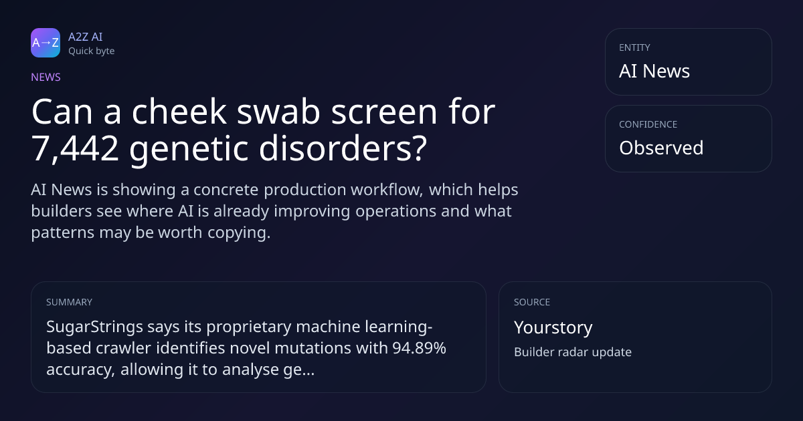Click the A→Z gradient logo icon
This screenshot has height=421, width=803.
46,43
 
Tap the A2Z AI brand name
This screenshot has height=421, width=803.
86,37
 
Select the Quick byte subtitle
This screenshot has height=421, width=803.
92,51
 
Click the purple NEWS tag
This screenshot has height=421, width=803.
46,77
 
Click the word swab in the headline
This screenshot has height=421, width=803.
278,112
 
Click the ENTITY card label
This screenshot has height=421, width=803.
634,47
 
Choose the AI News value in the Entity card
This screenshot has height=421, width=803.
654,71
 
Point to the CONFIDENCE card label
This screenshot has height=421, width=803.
648,124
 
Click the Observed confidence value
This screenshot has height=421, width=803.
661,148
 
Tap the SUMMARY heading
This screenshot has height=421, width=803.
69,302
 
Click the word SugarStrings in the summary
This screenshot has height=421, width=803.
94,327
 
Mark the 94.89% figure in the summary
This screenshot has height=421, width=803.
419,348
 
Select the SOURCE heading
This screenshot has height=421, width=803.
532,302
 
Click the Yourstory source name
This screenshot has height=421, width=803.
553,327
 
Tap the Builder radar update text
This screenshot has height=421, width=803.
573,352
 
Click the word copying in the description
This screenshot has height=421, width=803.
239,233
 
